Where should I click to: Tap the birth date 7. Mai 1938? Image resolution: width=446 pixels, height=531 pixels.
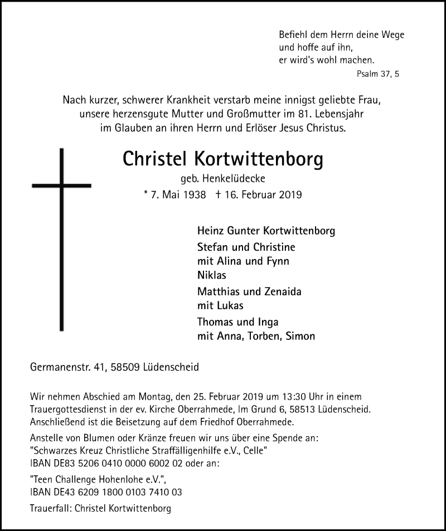(x=178, y=195)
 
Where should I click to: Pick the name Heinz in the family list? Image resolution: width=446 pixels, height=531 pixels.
(x=211, y=231)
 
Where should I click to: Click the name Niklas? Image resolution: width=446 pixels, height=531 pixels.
(x=212, y=276)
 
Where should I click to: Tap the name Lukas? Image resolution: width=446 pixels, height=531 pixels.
(x=229, y=306)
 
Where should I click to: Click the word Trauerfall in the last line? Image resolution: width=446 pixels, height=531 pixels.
(x=52, y=508)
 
